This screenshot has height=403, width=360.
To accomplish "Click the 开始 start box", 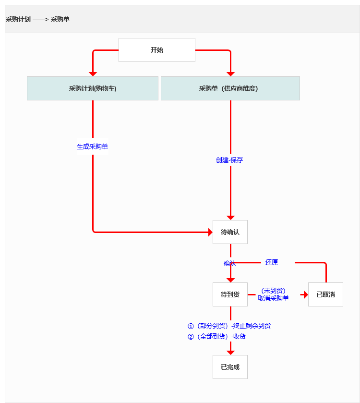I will pos(157,50).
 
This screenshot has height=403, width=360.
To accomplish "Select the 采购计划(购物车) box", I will pos(93,88).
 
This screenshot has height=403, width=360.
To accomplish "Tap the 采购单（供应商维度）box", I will pos(230,88).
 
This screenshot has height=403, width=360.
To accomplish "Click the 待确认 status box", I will pos(230,232).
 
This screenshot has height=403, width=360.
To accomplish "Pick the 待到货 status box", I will pos(230,294).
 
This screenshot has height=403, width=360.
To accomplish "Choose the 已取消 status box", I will pos(325,294).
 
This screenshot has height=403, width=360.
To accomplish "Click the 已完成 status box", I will pos(230,367).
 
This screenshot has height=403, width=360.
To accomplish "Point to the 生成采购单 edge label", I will pos(93,147).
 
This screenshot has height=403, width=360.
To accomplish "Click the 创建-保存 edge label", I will pos(229,160).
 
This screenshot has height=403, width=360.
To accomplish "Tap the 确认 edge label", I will pos(229,263).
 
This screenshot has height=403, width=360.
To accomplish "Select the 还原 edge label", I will pos(272,262).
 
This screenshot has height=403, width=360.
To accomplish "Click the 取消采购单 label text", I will pos(273,298).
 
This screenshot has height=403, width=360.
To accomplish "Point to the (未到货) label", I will pos(273,291).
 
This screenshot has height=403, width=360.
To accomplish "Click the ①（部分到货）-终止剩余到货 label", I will pos(229,326).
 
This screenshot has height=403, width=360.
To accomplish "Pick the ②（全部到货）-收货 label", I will pos(216,337).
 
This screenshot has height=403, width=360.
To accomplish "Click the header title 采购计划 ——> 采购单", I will pos(37,19).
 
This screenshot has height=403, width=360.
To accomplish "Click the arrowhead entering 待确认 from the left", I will pos(210,232).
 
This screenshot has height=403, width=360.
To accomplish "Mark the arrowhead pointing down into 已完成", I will pos(230,352).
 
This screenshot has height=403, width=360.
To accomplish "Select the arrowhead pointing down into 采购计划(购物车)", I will pos(93,73).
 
